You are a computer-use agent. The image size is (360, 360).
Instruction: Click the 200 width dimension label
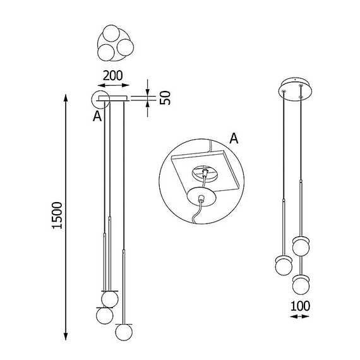(x=112, y=76)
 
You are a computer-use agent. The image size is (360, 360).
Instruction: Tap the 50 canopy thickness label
(x=165, y=98)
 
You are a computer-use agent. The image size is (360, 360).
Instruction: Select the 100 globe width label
(x=300, y=306)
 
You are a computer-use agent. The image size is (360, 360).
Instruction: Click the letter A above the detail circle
(x=234, y=138)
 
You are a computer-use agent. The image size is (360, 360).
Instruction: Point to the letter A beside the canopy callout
(x=97, y=116)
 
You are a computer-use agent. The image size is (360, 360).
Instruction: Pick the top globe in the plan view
(x=111, y=33)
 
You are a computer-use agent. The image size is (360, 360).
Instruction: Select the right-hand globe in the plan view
(x=125, y=47)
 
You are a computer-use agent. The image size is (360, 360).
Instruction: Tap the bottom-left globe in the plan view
(x=106, y=52)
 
